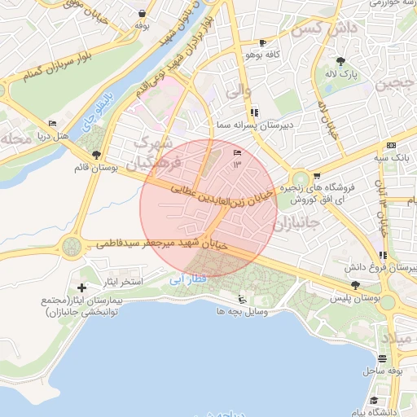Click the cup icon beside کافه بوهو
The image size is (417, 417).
(262, 42)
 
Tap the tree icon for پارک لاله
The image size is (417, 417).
(340, 61)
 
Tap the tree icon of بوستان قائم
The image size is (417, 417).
(97, 155)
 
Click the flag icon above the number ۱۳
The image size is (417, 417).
(237, 153)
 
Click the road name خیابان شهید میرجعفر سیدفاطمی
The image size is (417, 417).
(163, 243)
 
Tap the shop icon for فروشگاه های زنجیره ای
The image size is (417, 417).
(316, 175)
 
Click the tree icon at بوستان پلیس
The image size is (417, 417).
(355, 284)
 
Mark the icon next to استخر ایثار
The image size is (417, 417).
(81, 288)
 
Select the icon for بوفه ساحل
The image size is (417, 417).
(383, 358)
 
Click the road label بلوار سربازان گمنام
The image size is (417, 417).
(57, 68)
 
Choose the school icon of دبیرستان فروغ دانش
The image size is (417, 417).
(383, 255)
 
